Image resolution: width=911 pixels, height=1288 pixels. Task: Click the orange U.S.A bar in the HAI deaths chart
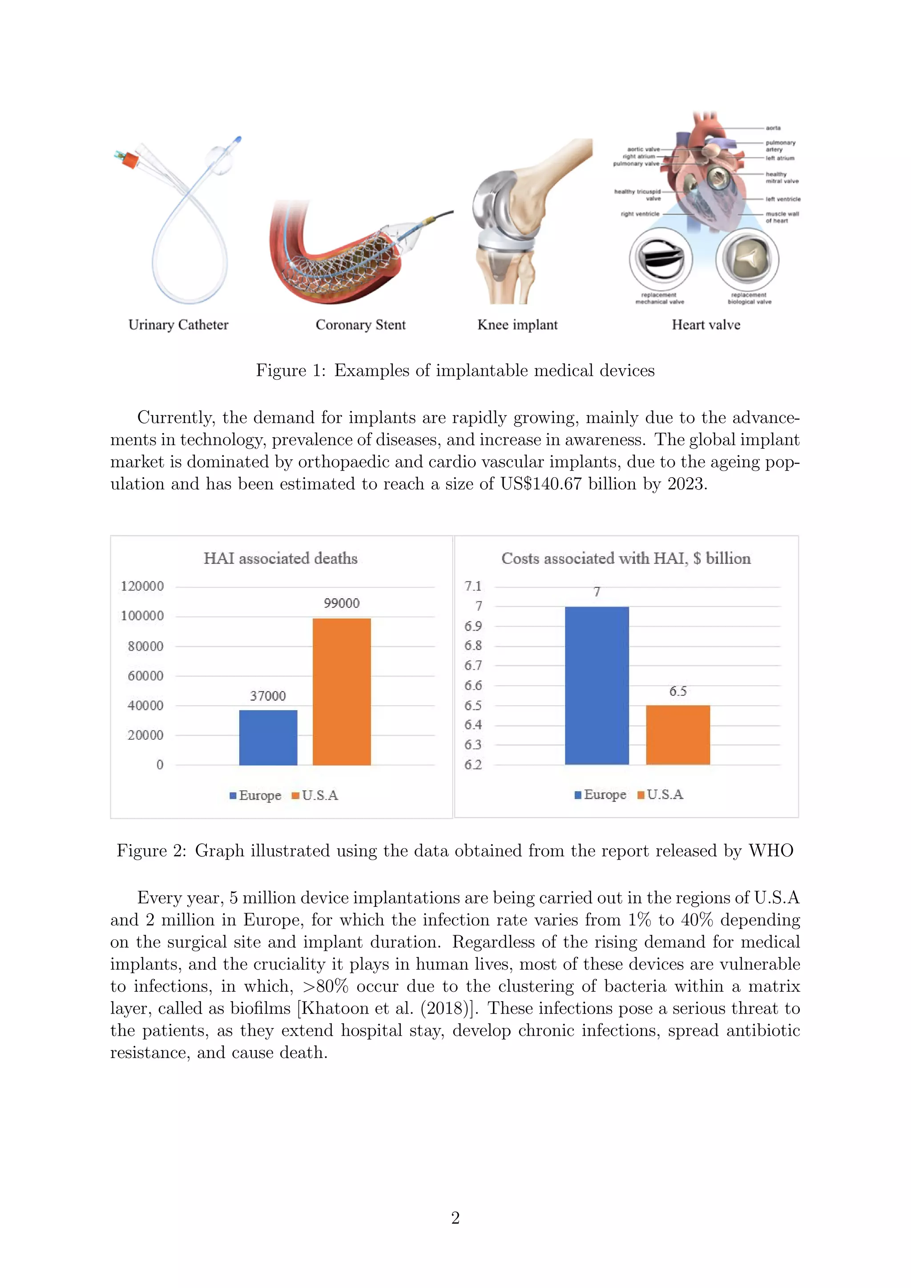tap(341, 691)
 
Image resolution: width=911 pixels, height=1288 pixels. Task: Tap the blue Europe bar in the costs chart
tap(597, 685)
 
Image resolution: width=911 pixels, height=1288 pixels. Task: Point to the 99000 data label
tap(341, 603)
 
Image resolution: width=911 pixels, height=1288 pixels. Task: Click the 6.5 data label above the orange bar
tap(677, 691)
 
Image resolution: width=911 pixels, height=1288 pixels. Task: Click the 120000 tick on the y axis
tap(142, 586)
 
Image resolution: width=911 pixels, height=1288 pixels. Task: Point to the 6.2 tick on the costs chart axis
tap(473, 765)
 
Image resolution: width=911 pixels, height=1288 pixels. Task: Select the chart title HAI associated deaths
tap(281, 558)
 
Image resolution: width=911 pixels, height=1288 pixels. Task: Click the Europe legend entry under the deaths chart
tap(256, 796)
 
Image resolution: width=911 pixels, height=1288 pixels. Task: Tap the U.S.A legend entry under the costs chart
tap(661, 794)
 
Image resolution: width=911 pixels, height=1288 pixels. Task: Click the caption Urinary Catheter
tap(178, 325)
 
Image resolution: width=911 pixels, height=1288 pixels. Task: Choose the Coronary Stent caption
tap(360, 325)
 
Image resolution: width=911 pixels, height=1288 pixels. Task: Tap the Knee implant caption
tap(517, 325)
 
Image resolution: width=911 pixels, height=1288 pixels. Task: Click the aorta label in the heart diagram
tap(773, 128)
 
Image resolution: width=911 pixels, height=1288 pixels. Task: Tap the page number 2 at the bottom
tap(455, 1217)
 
